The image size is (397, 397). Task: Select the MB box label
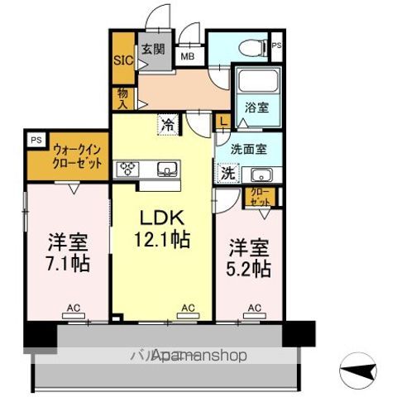[188, 57]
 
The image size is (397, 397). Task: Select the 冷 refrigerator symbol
[168, 127]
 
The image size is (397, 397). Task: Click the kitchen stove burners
[129, 170]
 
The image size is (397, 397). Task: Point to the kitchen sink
[168, 170]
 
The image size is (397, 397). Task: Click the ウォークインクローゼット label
[77, 157]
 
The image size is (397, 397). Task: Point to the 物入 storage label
[122, 98]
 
